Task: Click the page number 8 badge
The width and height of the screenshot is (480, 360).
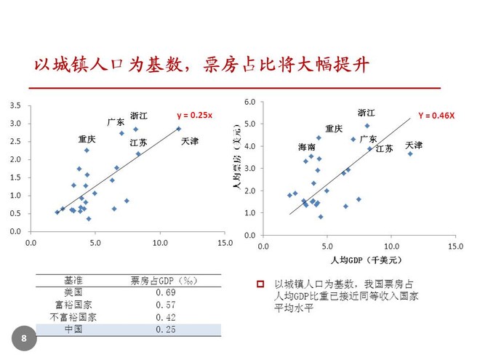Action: pos(24,338)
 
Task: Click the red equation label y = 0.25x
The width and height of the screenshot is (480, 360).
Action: pos(194,115)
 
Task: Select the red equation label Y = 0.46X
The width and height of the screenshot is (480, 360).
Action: pos(436,115)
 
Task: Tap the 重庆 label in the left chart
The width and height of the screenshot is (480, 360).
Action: pos(87,139)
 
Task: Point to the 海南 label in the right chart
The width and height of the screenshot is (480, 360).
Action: pos(307,147)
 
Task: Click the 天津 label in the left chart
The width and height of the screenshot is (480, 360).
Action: pos(189,140)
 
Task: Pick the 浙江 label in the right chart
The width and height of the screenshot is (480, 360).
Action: pos(367,113)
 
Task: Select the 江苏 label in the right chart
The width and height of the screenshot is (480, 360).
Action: pos(384,148)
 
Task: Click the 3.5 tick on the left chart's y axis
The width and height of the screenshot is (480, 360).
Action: pos(15,106)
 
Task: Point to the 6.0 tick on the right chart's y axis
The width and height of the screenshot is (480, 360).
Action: pos(250,101)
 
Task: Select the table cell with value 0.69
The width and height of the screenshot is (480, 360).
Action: pos(166,292)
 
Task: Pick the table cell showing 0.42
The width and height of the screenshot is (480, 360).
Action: pos(166,317)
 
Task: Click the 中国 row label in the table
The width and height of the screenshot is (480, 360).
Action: pos(73,329)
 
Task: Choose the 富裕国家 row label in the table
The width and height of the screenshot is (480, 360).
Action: pos(73,305)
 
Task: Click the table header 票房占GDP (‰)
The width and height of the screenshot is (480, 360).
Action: pos(166,280)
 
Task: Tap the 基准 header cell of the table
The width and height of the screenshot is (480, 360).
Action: pos(73,280)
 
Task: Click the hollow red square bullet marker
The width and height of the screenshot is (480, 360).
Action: pos(260,284)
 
